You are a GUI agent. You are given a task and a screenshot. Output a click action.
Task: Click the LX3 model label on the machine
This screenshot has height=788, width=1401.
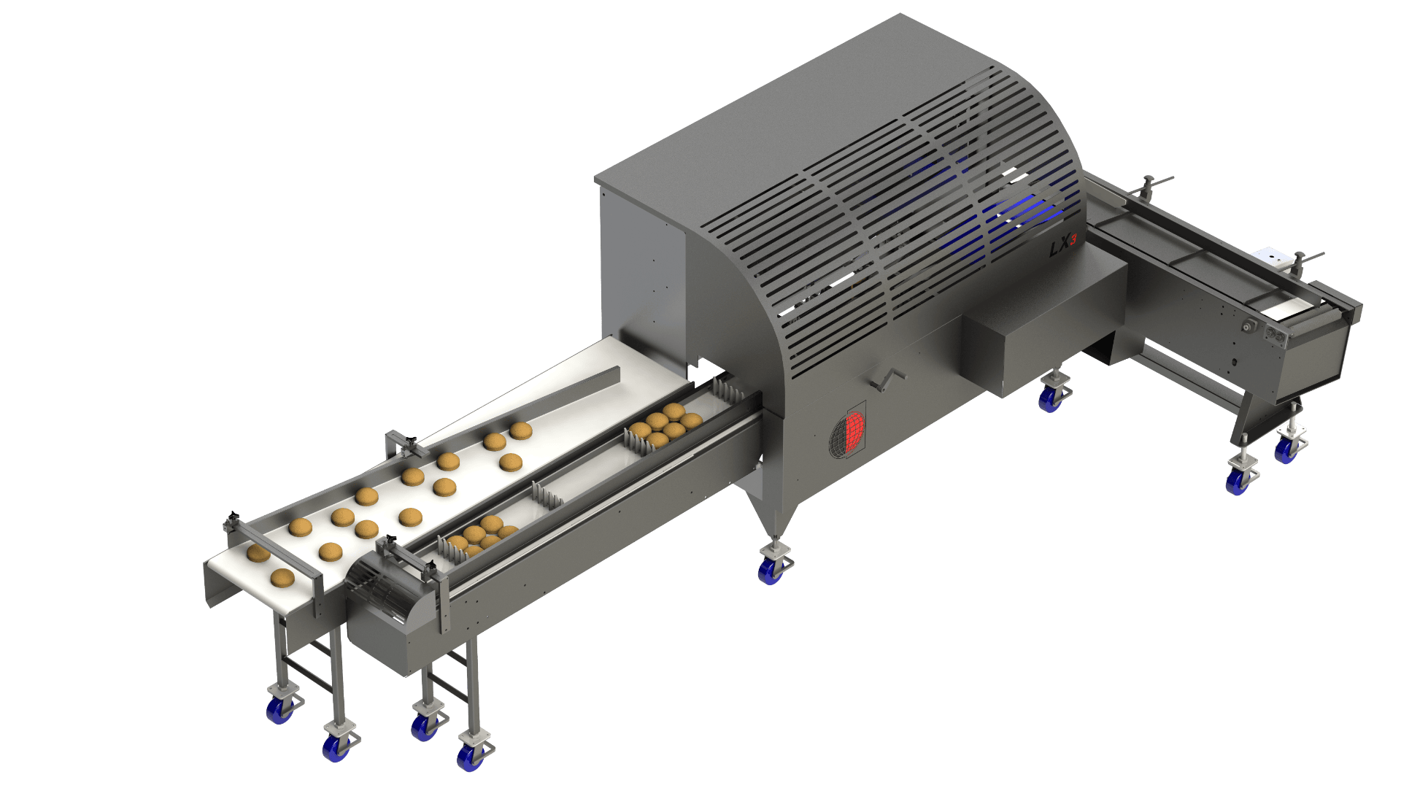(x=1062, y=249)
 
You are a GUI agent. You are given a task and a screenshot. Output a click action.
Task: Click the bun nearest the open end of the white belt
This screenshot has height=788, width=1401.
(x=282, y=579)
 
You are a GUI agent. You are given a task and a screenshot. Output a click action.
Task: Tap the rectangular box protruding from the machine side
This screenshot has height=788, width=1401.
(x=1043, y=328)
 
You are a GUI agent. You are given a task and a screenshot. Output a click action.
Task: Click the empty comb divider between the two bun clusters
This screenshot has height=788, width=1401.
(x=546, y=496)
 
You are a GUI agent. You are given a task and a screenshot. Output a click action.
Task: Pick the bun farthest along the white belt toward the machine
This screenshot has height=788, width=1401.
(x=520, y=430)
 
